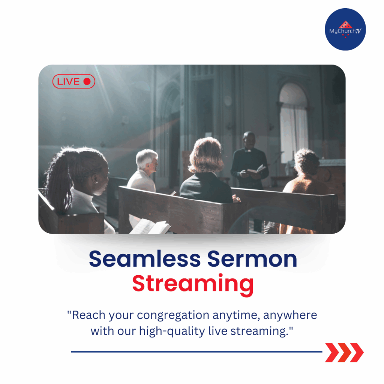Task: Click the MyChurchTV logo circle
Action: [345, 29]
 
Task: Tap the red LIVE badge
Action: [74, 81]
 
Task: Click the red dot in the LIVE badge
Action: [87, 81]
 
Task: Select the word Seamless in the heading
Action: [145, 259]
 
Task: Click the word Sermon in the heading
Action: [252, 259]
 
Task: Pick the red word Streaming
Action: [193, 285]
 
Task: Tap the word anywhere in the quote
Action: [290, 315]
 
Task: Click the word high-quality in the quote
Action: [172, 331]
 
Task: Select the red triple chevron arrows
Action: [344, 352]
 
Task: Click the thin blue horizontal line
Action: [196, 352]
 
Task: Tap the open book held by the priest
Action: [256, 169]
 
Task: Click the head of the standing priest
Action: [249, 140]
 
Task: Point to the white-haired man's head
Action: [147, 160]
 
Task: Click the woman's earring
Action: [96, 182]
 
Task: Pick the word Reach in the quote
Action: [88, 315]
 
